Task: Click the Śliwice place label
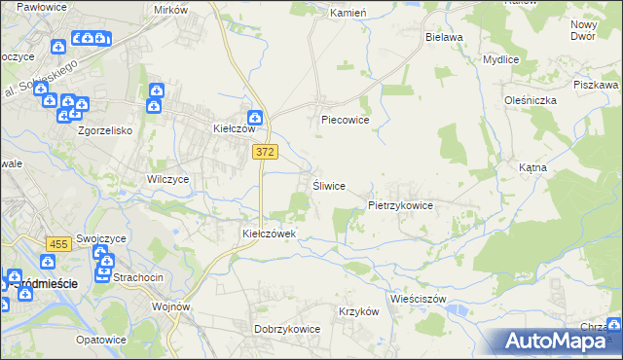[x=328, y=186]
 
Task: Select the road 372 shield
[x=265, y=152]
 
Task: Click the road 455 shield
[x=57, y=244]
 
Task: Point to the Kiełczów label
[x=234, y=128]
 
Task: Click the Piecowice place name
[x=345, y=121]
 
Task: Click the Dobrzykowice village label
[x=287, y=329]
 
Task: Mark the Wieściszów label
[x=417, y=299]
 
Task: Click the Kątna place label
[x=532, y=167]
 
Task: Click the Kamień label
[x=348, y=14]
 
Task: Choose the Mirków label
[x=170, y=9]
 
